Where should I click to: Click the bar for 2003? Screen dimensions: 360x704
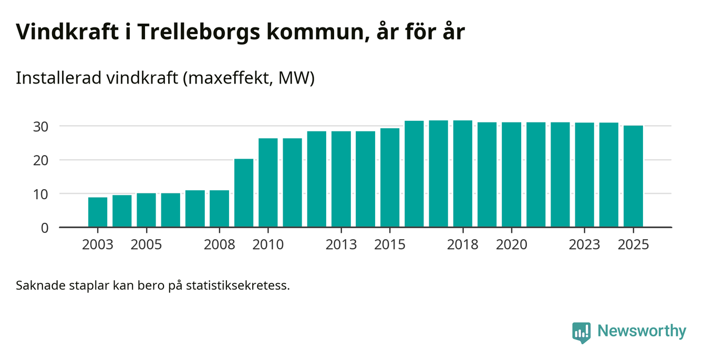tap(98, 212)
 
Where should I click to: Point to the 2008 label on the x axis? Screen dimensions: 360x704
tap(220, 245)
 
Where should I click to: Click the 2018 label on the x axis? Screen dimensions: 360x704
tap(463, 245)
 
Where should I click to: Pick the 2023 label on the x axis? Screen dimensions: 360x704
tap(585, 245)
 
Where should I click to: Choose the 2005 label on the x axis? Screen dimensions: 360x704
tap(147, 245)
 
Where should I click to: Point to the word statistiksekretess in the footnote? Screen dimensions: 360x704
tap(244, 286)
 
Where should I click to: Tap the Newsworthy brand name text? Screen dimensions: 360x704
tap(641, 331)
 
